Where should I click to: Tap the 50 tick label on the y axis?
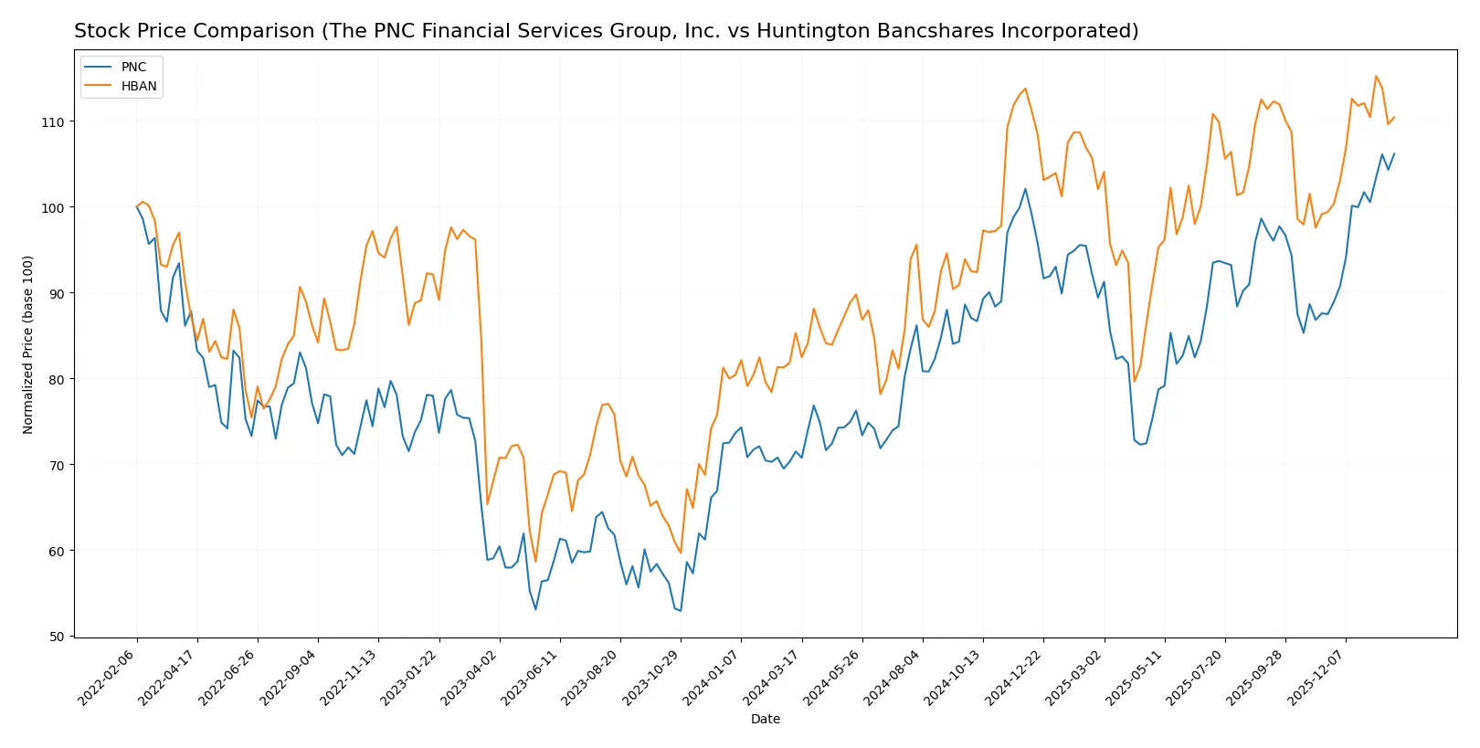[58, 637]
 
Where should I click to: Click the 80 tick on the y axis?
[58, 380]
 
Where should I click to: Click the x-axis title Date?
[766, 720]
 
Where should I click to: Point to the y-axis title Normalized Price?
[28, 344]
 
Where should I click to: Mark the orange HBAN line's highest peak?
[1376, 76]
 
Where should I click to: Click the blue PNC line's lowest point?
[681, 611]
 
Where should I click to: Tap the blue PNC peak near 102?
[1025, 189]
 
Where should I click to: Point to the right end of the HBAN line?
[1394, 117]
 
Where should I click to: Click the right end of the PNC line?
[1394, 153]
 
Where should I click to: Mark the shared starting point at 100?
[137, 206]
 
